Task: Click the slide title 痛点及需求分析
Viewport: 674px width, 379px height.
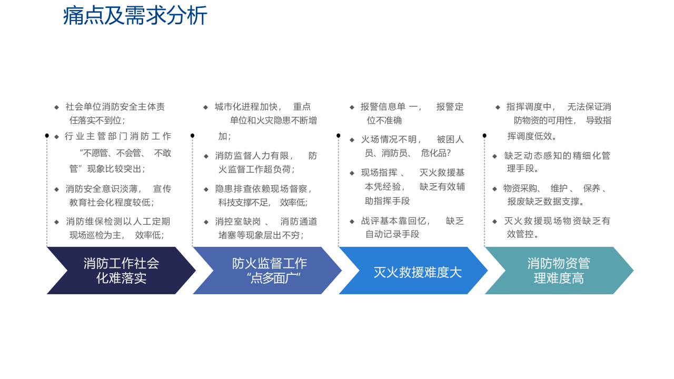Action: click(x=135, y=16)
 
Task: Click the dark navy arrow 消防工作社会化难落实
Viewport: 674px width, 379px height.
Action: click(x=121, y=271)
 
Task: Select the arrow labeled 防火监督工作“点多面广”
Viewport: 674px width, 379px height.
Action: click(x=269, y=271)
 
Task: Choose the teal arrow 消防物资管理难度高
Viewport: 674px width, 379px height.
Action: click(x=559, y=271)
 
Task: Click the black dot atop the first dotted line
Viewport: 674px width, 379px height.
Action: click(x=47, y=136)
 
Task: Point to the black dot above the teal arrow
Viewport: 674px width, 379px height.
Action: click(x=484, y=136)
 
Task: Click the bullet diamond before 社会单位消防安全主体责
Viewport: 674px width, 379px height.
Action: click(x=56, y=107)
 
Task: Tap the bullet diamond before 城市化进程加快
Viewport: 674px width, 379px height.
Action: click(x=205, y=107)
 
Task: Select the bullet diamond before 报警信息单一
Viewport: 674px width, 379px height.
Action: click(x=352, y=107)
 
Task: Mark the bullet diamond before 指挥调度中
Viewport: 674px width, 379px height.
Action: click(x=498, y=107)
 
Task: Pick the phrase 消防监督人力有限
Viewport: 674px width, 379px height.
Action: click(x=254, y=156)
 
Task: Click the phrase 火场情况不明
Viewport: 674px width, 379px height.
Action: click(x=390, y=139)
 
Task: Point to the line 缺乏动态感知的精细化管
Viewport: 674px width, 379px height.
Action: click(x=557, y=156)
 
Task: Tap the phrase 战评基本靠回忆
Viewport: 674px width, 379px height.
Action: click(x=395, y=221)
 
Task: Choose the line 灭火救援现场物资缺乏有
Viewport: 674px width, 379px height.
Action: click(x=557, y=221)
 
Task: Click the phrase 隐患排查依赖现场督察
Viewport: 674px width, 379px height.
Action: click(x=263, y=189)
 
